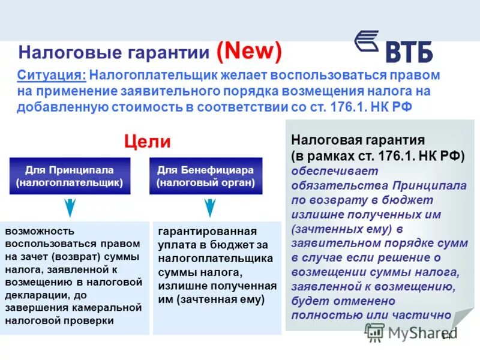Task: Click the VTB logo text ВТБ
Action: [409, 52]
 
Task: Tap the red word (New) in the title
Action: [248, 52]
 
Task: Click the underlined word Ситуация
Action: [51, 76]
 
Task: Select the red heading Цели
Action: [147, 142]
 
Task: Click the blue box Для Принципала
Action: [70, 176]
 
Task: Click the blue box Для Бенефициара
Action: [206, 176]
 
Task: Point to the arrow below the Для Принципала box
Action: [70, 207]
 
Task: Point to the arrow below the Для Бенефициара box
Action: [209, 207]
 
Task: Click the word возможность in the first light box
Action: [40, 230]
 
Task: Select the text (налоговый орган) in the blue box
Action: [206, 182]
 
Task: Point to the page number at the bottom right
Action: [446, 336]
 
